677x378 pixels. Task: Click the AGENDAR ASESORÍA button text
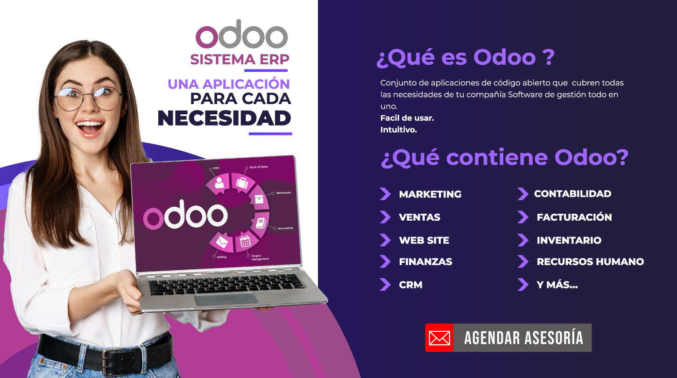pyautogui.click(x=523, y=338)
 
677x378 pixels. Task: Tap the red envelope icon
pyautogui.click(x=439, y=338)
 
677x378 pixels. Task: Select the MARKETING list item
pyautogui.click(x=430, y=194)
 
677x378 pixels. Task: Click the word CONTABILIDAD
pyautogui.click(x=573, y=194)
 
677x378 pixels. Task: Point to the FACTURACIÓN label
pyautogui.click(x=574, y=217)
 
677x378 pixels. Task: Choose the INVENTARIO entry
pyautogui.click(x=569, y=240)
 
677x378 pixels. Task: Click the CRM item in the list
pyautogui.click(x=410, y=285)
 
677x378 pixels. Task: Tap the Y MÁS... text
pyautogui.click(x=557, y=284)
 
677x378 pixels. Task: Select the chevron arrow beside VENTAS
pyautogui.click(x=385, y=217)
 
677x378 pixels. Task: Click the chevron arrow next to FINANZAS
pyautogui.click(x=385, y=261)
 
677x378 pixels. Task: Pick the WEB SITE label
pyautogui.click(x=424, y=240)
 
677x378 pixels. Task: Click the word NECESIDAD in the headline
pyautogui.click(x=224, y=118)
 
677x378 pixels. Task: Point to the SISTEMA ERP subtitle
pyautogui.click(x=240, y=59)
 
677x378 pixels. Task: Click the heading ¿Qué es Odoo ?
pyautogui.click(x=465, y=57)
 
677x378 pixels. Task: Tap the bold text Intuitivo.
pyautogui.click(x=399, y=130)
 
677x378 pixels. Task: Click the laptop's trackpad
pyautogui.click(x=226, y=299)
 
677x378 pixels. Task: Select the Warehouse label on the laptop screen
pyautogui.click(x=283, y=193)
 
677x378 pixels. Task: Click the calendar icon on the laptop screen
pyautogui.click(x=245, y=241)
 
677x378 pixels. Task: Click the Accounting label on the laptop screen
pyautogui.click(x=285, y=228)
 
